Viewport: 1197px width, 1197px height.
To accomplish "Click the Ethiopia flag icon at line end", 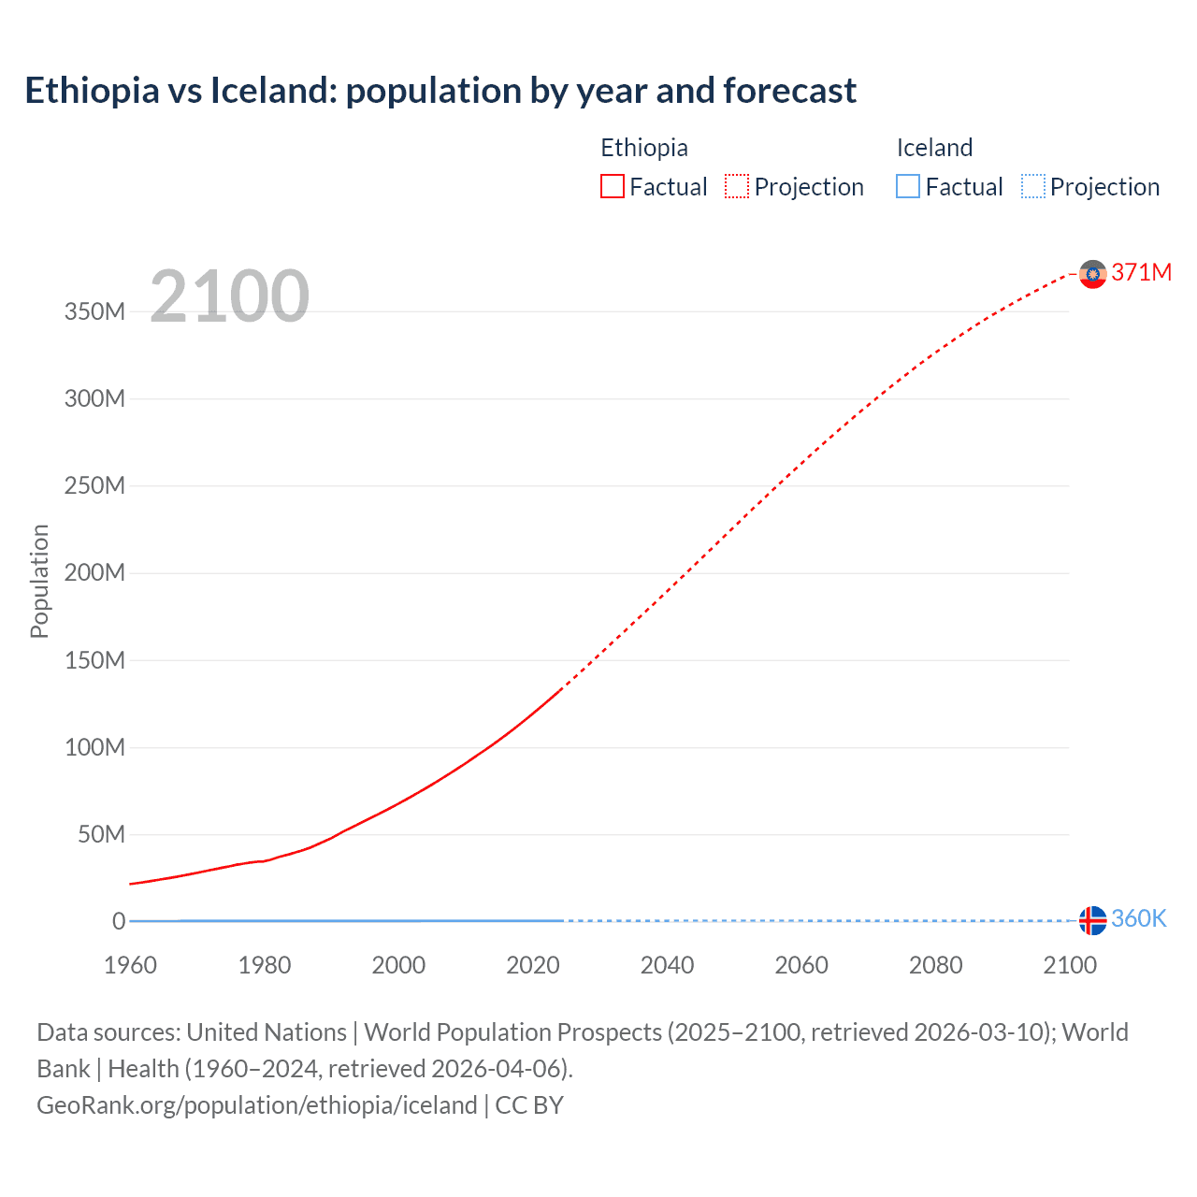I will (x=1092, y=274).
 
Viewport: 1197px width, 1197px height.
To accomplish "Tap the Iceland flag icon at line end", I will (x=1092, y=920).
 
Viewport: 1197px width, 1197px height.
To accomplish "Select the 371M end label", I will (x=1141, y=272).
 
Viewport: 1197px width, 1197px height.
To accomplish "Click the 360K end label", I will (x=1138, y=918).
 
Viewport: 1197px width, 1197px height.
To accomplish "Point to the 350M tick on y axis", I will (x=94, y=311).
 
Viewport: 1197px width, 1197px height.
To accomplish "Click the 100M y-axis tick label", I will (x=94, y=747).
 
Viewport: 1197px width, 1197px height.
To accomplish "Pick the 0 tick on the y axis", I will (x=119, y=921).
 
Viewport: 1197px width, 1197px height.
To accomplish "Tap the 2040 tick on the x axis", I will (x=667, y=965).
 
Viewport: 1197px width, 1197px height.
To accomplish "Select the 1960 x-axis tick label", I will (x=130, y=965).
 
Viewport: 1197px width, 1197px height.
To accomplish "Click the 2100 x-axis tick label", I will (x=1070, y=965).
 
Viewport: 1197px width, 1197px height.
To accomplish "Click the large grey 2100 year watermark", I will (x=229, y=296).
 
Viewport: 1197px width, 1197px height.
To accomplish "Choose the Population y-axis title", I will (x=39, y=581).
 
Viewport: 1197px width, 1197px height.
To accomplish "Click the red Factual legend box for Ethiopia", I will (x=613, y=186).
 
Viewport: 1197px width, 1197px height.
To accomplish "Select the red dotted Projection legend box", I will (x=737, y=186).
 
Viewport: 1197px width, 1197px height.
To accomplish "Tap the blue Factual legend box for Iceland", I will (x=908, y=186).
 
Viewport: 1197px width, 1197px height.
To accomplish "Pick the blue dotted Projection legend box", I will (x=1032, y=186).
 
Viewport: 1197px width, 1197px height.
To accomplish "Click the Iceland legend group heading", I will (x=934, y=148).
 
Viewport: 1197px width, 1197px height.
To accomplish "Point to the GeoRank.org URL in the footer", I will (x=257, y=1104).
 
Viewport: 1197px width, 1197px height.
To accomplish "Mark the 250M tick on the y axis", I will (x=94, y=485).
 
